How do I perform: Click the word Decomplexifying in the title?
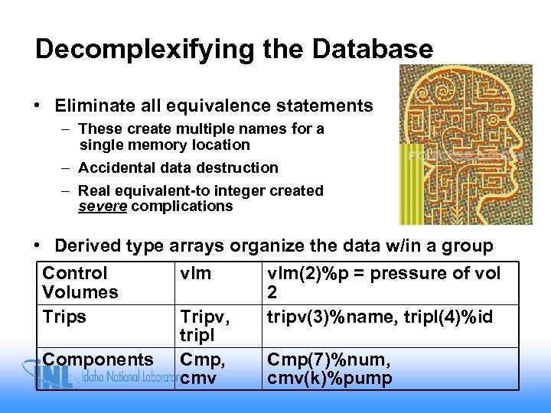point(144,50)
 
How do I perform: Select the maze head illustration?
point(465,143)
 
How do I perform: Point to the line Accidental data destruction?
point(178,167)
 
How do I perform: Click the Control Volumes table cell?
point(80,283)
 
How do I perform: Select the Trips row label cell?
point(65,317)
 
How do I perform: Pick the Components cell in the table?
point(98,359)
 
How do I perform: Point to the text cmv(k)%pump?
point(329,379)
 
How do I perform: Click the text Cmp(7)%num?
point(328,359)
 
